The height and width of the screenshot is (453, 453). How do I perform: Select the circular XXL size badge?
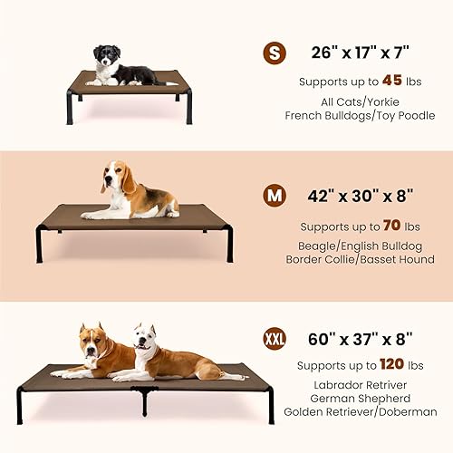[274, 339]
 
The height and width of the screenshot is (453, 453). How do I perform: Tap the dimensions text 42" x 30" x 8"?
[361, 195]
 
